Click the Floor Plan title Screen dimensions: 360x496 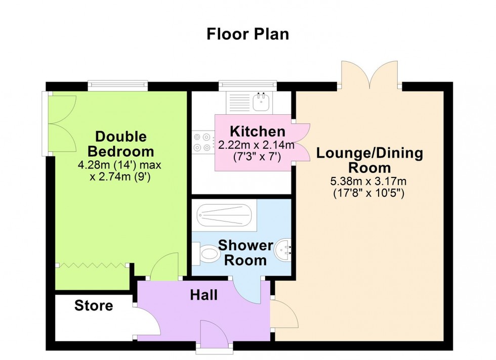tap(247, 34)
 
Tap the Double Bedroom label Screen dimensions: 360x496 tap(120, 144)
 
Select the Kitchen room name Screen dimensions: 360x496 tap(258, 132)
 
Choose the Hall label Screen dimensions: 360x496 tap(204, 295)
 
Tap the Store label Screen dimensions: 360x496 tap(94, 305)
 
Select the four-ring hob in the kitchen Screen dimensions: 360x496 tap(203, 142)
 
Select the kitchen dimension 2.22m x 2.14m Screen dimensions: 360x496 tap(256, 146)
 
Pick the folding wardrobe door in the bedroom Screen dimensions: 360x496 tap(91, 265)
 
